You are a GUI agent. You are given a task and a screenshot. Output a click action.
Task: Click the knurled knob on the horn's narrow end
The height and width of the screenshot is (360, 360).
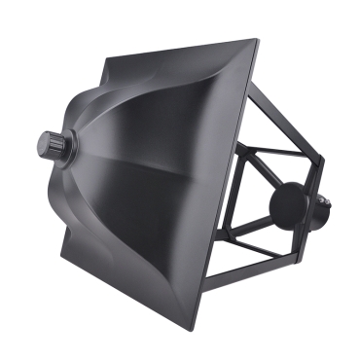[49, 145]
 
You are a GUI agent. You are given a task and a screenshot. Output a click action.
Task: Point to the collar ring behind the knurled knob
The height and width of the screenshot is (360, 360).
[62, 147]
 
